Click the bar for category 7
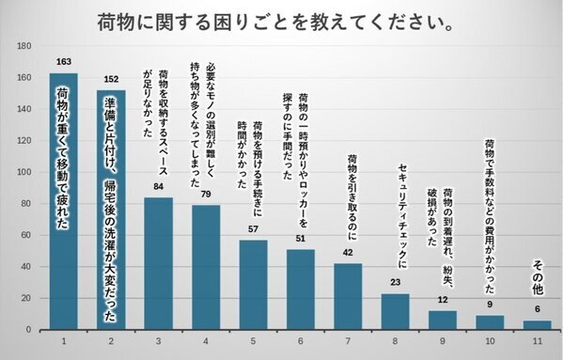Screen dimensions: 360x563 (348, 296)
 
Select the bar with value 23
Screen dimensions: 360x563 (396, 311)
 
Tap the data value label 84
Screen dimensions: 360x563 (158, 187)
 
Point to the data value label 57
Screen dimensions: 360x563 (253, 229)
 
